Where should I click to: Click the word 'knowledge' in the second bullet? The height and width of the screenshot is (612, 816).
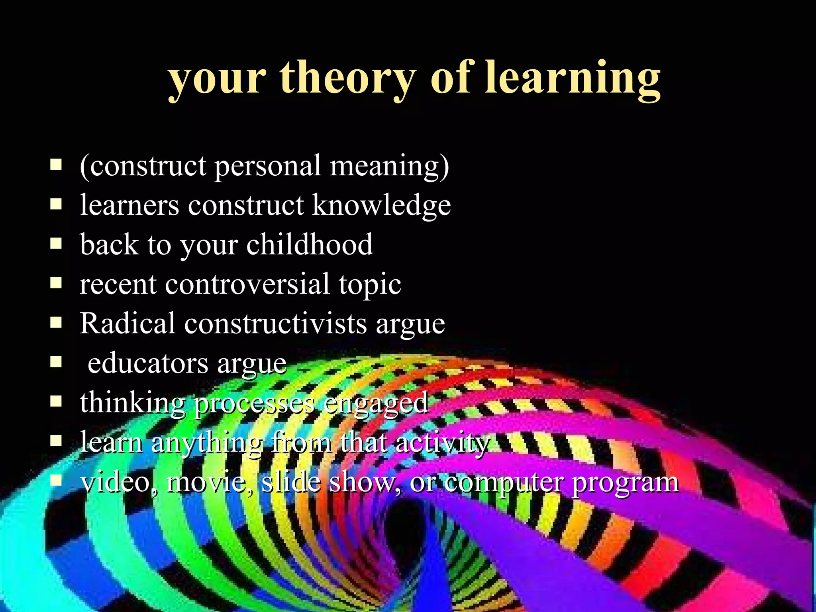[x=381, y=206]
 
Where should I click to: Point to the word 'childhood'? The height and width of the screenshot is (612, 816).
[x=310, y=244]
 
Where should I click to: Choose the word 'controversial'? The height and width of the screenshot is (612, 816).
[x=247, y=284]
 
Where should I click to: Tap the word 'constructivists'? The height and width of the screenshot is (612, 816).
[x=275, y=323]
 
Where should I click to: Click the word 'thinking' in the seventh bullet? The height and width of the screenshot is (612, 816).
[x=132, y=402]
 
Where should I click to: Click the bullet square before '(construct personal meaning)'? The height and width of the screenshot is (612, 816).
[x=56, y=165]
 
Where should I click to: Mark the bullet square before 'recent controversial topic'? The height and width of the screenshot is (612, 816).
[x=56, y=283]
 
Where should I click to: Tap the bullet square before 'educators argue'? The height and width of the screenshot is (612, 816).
[x=56, y=362]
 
